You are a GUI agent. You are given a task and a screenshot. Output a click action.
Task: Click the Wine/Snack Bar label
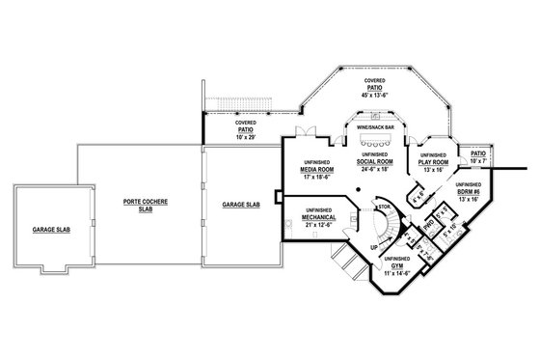pos(375,125)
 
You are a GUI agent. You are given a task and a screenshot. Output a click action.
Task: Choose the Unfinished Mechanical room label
pos(318,218)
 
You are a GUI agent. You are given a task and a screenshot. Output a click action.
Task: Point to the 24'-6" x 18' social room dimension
pos(374,169)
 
